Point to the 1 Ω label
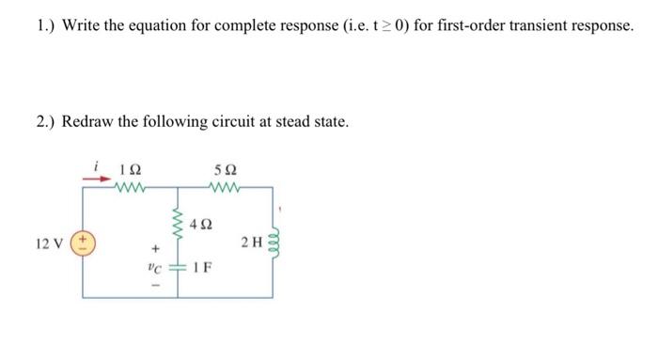point(132,170)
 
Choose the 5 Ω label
point(226,170)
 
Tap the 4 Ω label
point(200,226)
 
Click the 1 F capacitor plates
point(177,266)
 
